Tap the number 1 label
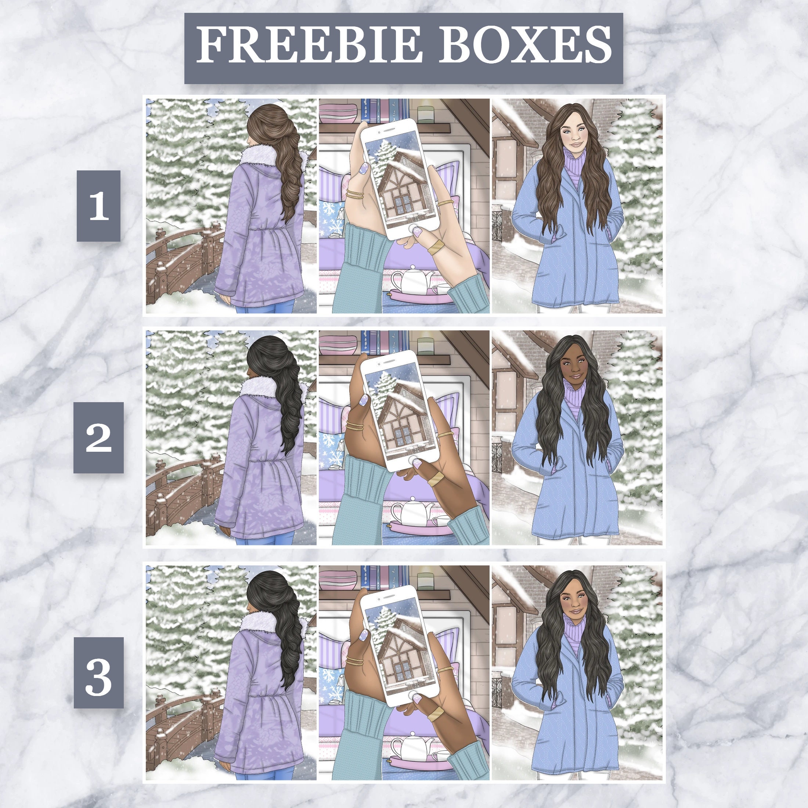pyautogui.click(x=99, y=205)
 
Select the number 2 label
pyautogui.click(x=99, y=437)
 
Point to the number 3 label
pyautogui.click(x=99, y=672)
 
